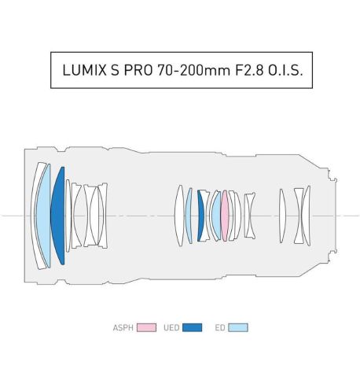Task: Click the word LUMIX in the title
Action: pos(84,70)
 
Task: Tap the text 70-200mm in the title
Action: pos(193,70)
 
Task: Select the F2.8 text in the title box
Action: pos(249,70)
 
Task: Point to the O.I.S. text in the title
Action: pos(285,70)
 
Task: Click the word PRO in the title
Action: pos(138,70)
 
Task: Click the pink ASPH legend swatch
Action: pos(146,327)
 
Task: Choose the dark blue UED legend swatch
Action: pos(192,327)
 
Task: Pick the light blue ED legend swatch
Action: pos(238,327)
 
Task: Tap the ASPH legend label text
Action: pos(123,328)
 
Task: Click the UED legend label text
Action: pos(171,328)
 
